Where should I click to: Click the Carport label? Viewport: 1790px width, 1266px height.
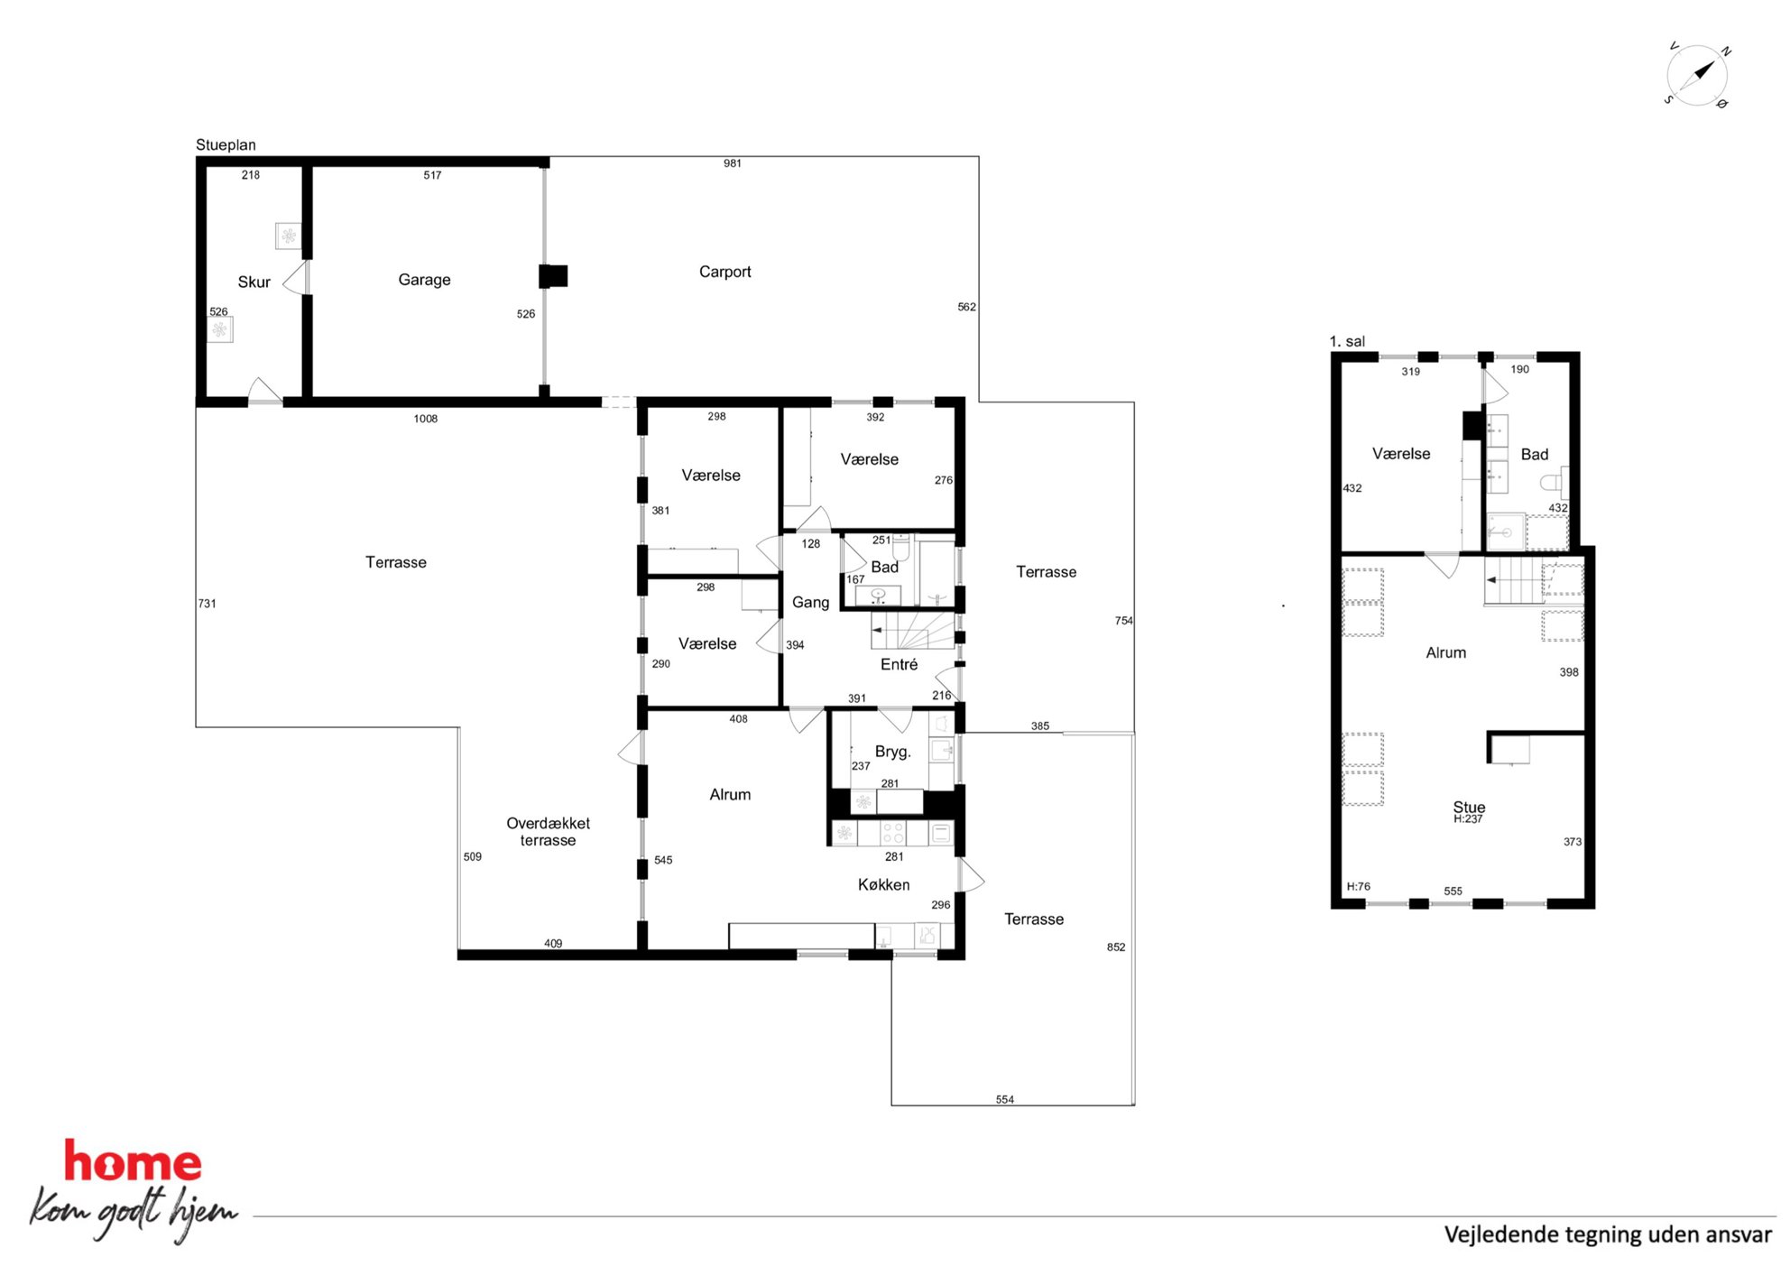pyautogui.click(x=724, y=272)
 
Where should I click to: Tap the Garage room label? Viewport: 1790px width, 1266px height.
pyautogui.click(x=424, y=280)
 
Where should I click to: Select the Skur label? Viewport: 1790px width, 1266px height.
pyautogui.click(x=254, y=282)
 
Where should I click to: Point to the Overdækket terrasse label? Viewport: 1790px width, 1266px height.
pyautogui.click(x=548, y=831)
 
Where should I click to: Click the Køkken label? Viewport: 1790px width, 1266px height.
pyautogui.click(x=883, y=884)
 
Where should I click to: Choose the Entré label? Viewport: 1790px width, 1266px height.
pyautogui.click(x=899, y=664)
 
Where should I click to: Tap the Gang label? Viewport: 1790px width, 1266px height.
pyautogui.click(x=810, y=602)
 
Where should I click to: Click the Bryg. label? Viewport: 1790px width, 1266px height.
pyautogui.click(x=892, y=751)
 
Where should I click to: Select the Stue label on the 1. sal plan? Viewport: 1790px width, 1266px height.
pyautogui.click(x=1469, y=807)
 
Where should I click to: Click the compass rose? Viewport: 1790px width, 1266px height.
pyautogui.click(x=1697, y=75)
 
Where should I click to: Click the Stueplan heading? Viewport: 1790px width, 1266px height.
pyautogui.click(x=226, y=144)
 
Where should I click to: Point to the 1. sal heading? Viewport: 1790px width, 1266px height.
pyautogui.click(x=1347, y=341)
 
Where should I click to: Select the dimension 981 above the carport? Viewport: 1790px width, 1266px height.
pyautogui.click(x=733, y=163)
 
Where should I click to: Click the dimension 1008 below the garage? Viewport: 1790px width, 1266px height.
pyautogui.click(x=426, y=419)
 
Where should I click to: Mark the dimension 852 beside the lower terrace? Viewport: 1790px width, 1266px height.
pyautogui.click(x=1116, y=947)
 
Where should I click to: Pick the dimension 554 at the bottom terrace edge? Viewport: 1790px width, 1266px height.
pyautogui.click(x=1005, y=1099)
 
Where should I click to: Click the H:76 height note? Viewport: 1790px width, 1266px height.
pyautogui.click(x=1358, y=886)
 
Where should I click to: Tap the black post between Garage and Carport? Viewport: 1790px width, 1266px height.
pyautogui.click(x=553, y=276)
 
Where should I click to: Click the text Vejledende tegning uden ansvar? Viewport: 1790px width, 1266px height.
pyautogui.click(x=1608, y=1234)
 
